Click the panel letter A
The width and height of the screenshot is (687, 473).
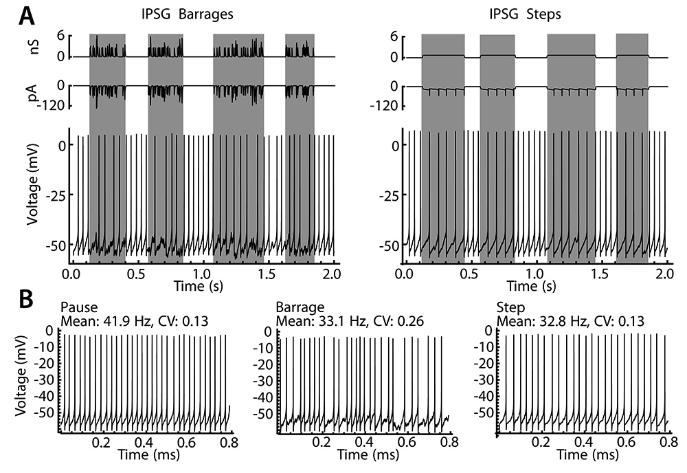30,15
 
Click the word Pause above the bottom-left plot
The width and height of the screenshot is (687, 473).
75,307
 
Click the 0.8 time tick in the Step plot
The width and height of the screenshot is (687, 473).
665,443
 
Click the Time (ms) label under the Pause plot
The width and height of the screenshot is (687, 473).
146,454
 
